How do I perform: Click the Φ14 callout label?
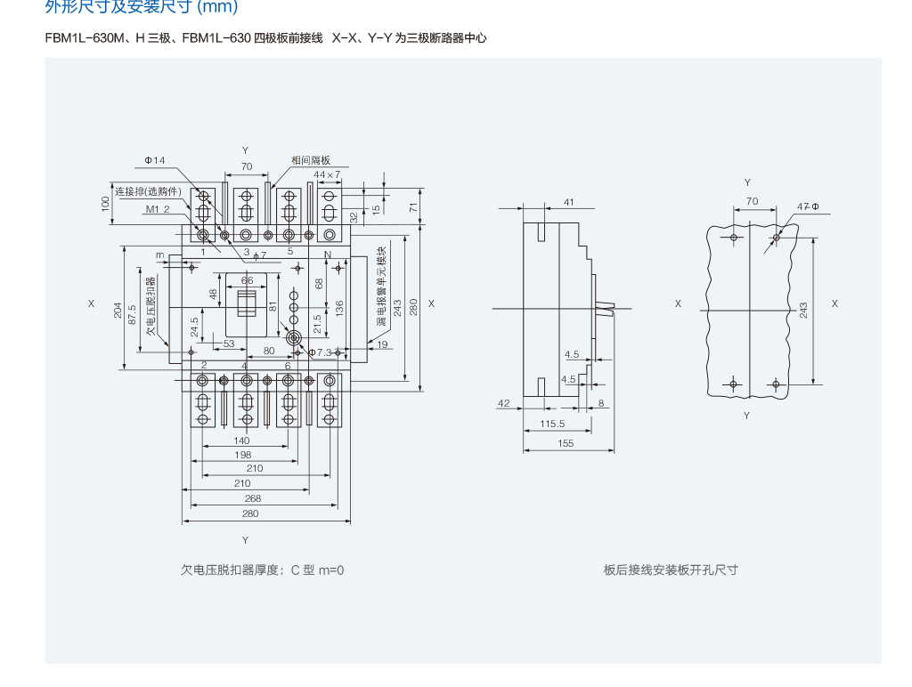[x=155, y=160]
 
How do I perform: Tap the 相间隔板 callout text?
[x=311, y=160]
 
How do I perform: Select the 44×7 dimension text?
[x=327, y=174]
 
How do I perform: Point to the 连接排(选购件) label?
[x=148, y=191]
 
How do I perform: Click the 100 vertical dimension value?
[x=105, y=204]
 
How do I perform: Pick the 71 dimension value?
[x=413, y=207]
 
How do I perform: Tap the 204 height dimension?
[x=118, y=311]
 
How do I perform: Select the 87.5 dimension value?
[x=132, y=315]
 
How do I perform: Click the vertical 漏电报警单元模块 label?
[x=381, y=286]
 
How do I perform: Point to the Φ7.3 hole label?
[x=320, y=352]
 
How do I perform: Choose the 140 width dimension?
[x=241, y=440]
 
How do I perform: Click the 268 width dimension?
[x=253, y=498]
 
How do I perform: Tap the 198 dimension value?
[x=243, y=455]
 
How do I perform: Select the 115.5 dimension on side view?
[x=552, y=424]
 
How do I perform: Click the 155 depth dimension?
[x=566, y=443]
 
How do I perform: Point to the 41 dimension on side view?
[x=569, y=202]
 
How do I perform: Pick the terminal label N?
[x=328, y=255]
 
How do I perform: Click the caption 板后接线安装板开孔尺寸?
[x=671, y=570]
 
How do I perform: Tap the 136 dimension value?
[x=339, y=308]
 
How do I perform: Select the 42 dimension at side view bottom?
[x=504, y=403]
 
